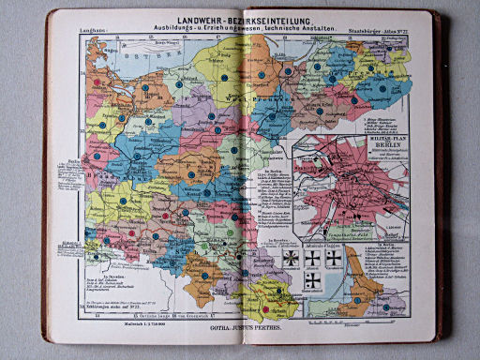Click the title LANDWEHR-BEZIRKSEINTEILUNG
(241, 22)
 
